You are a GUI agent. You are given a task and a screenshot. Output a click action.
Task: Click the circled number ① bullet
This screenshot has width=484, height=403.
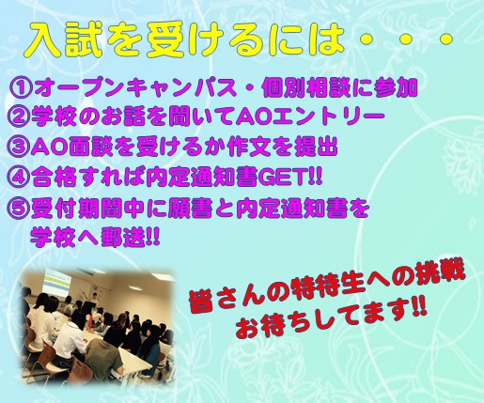click(21, 88)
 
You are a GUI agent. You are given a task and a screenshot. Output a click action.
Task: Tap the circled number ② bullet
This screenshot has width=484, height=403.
click(18, 116)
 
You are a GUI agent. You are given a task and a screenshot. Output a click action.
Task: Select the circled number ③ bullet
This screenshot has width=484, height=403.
click(18, 147)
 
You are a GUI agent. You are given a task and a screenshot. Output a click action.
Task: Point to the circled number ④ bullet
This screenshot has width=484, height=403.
click(18, 178)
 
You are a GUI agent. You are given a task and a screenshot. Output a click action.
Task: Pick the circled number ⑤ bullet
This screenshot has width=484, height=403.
click(18, 209)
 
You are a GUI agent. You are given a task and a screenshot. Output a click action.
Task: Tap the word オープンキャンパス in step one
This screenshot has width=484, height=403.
click(135, 88)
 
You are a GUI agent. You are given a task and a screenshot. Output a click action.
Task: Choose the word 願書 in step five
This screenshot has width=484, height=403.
click(191, 209)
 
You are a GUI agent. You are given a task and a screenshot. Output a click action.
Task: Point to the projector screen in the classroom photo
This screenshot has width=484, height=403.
click(59, 284)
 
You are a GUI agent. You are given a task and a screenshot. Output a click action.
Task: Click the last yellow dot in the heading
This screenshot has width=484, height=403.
click(444, 39)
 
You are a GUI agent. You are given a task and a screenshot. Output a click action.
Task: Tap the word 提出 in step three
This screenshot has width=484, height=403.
click(316, 147)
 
